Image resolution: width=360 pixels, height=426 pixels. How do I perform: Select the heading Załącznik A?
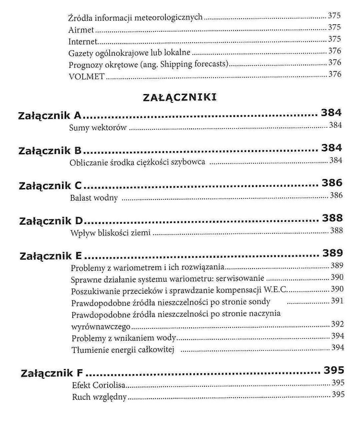tap(49, 116)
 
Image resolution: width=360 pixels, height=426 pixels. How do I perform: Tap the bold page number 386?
tap(332, 183)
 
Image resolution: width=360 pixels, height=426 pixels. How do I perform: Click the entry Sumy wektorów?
tap(98, 128)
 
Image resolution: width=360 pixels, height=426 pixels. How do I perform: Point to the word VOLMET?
tap(86, 76)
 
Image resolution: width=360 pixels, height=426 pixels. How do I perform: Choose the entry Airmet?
tap(81, 30)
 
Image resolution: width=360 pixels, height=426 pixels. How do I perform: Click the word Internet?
tap(83, 42)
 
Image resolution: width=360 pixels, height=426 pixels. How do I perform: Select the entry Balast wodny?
tap(94, 198)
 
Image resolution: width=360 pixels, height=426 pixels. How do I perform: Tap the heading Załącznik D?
tap(51, 221)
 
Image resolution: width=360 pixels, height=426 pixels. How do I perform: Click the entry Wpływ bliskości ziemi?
tap(110, 233)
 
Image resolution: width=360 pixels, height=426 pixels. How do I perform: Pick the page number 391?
tap(337, 301)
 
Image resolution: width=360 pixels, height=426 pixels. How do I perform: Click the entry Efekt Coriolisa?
tap(98, 385)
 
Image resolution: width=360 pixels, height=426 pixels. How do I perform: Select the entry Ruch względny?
tap(99, 397)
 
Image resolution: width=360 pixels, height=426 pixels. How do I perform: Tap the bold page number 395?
tap(334, 370)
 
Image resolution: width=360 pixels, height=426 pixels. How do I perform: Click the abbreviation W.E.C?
tap(275, 290)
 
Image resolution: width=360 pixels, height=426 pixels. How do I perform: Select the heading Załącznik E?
tap(51, 256)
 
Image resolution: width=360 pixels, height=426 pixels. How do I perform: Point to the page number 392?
tap(337, 324)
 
